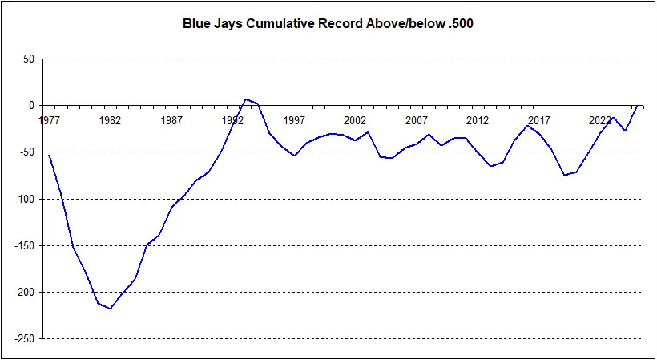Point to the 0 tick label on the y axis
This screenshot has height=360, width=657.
(30, 105)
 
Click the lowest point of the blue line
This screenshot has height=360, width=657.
(110, 309)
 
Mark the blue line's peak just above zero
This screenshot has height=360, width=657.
(245, 99)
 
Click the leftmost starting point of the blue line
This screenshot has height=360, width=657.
(49, 155)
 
